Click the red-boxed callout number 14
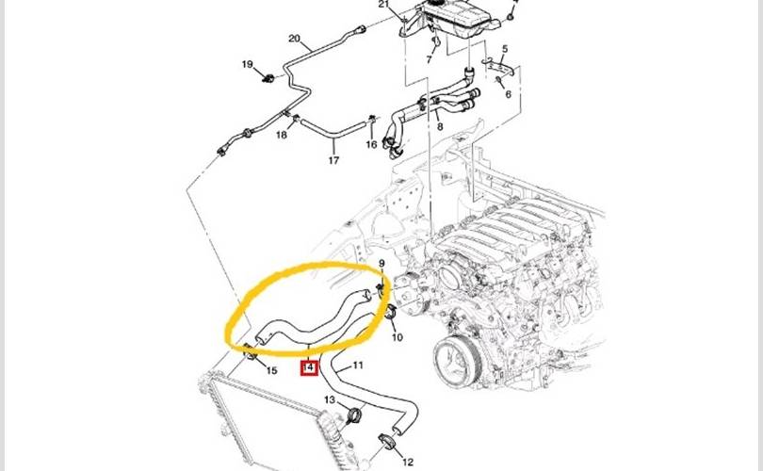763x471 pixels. click(x=310, y=366)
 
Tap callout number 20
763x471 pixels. click(x=295, y=39)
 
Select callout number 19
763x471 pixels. click(x=247, y=64)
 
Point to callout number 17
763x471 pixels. click(x=333, y=160)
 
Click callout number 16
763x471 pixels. click(x=371, y=144)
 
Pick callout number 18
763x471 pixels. click(x=282, y=135)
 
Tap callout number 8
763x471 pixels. click(x=440, y=127)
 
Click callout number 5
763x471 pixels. click(x=505, y=49)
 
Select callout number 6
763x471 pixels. click(x=508, y=94)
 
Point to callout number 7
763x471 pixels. click(x=429, y=60)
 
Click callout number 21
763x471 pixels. click(x=384, y=5)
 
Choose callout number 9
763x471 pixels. click(x=381, y=264)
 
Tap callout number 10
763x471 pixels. click(x=398, y=337)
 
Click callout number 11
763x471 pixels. click(x=358, y=365)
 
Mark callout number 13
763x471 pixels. click(x=330, y=400)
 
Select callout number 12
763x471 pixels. click(x=408, y=462)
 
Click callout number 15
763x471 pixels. click(x=271, y=371)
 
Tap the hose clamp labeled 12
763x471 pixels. click(x=387, y=441)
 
